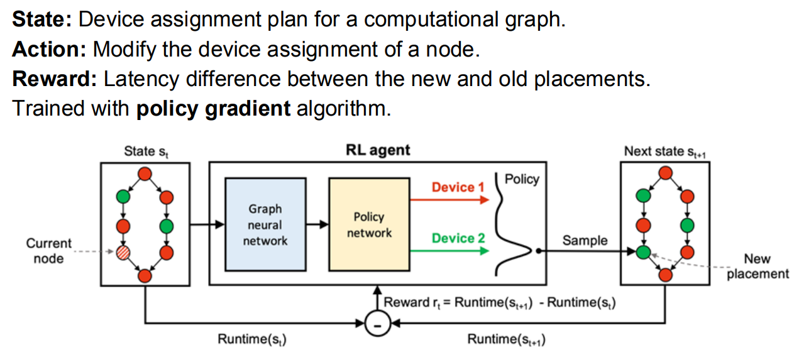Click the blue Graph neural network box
coord(265,224)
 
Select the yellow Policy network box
coord(368,224)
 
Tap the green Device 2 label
coord(458,239)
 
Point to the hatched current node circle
coord(123,253)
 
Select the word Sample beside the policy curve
coord(585,241)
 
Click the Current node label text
coord(48,250)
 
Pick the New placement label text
coord(758,266)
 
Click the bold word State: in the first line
coord(43,19)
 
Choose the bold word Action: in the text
coord(50,49)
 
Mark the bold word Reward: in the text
coord(55,79)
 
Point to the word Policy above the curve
coord(522,179)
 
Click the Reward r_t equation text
coord(499,302)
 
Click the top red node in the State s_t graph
coord(145,173)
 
